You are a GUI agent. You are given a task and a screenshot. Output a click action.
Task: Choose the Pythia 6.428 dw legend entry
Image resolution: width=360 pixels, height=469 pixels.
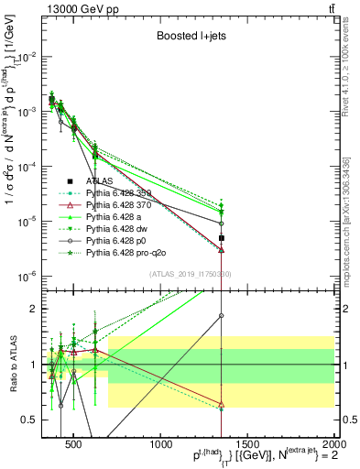click(x=120, y=228)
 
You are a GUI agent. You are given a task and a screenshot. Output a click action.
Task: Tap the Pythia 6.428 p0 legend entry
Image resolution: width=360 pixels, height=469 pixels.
click(x=120, y=239)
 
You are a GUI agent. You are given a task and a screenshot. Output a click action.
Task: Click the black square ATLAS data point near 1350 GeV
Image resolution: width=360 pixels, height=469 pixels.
click(x=222, y=238)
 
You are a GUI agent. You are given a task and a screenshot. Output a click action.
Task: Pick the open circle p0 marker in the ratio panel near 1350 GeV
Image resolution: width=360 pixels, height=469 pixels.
click(x=222, y=315)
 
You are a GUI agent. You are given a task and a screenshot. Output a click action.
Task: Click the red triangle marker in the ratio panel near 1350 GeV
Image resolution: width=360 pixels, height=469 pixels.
click(x=222, y=403)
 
